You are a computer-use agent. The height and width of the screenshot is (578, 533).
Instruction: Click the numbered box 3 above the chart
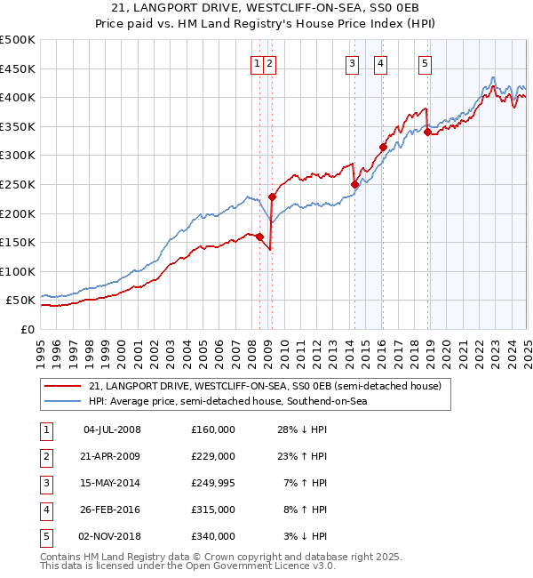point(353,63)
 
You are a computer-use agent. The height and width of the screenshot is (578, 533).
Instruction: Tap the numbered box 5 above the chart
point(426,63)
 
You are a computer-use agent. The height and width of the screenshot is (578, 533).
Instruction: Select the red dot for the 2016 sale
point(383,148)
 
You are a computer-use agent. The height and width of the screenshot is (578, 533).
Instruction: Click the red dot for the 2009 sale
point(272,197)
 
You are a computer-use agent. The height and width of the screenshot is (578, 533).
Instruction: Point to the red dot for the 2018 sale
point(427,132)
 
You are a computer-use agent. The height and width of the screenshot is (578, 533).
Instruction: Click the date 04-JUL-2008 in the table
point(112,429)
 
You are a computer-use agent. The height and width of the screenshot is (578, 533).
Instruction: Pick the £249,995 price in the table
point(213,483)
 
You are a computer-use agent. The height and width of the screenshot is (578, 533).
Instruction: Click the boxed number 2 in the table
point(44,456)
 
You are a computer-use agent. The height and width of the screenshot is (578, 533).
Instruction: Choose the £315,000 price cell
point(213,510)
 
